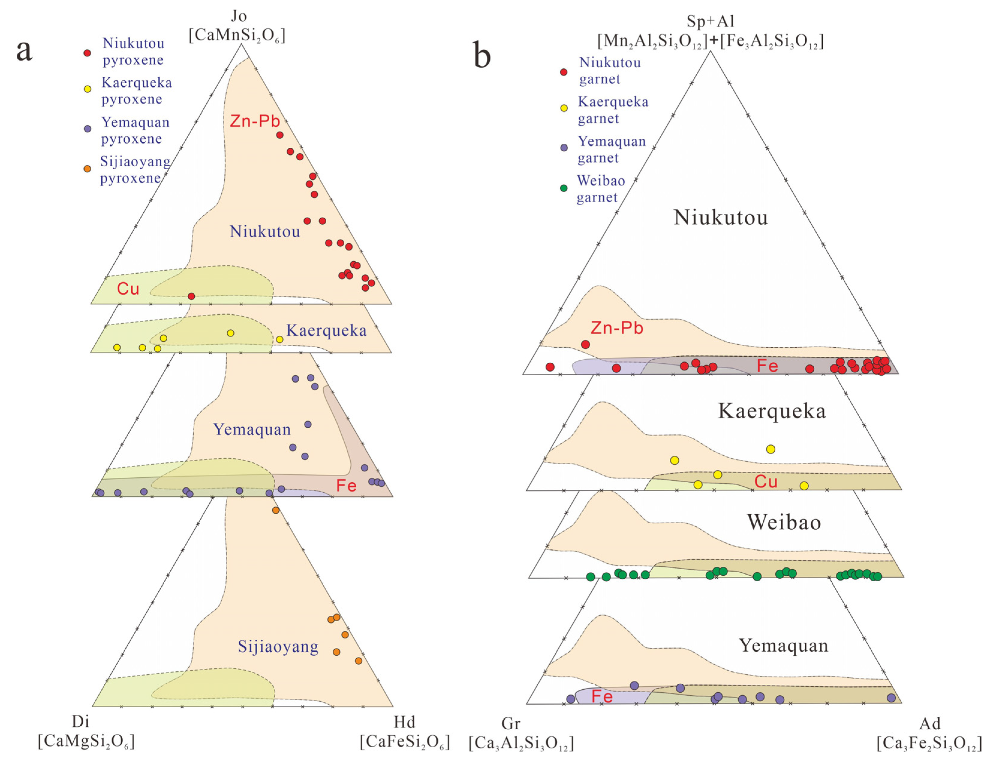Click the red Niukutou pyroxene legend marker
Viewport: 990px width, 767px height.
click(x=88, y=53)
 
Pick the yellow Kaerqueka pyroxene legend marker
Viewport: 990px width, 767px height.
click(x=88, y=89)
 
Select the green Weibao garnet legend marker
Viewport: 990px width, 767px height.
click(x=564, y=188)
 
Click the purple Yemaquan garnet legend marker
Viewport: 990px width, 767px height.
click(x=564, y=148)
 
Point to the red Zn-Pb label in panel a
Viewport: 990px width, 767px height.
click(x=255, y=121)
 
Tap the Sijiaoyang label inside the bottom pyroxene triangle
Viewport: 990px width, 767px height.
click(x=278, y=647)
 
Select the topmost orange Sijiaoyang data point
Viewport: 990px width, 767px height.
click(x=276, y=510)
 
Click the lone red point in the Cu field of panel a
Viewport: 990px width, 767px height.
click(x=191, y=296)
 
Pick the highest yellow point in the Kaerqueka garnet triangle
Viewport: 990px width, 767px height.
click(x=770, y=449)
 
